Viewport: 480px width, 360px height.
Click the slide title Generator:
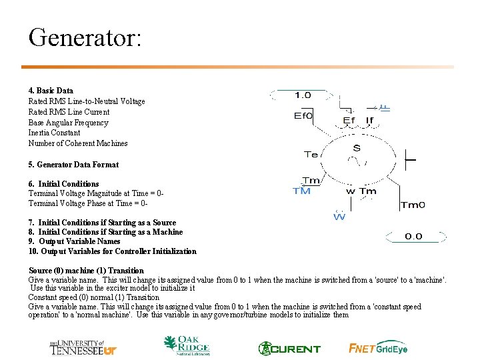tap(85, 37)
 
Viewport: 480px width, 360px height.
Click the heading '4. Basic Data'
tap(51, 91)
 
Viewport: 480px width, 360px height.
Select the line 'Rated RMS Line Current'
tap(69, 112)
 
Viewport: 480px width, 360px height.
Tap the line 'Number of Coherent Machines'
tap(78, 143)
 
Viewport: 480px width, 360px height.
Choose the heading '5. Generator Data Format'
tap(73, 165)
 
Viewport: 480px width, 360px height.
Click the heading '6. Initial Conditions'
tap(63, 184)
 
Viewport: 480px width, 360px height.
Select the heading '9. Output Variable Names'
tap(74, 241)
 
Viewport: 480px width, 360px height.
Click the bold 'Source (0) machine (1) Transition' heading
tap(86, 271)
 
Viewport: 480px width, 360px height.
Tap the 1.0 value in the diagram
tap(303, 95)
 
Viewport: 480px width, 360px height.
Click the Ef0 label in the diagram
tap(303, 115)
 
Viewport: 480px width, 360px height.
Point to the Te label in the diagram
tap(311, 155)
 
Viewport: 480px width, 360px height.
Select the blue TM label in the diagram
tap(302, 191)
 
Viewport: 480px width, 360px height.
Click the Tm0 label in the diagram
tap(412, 205)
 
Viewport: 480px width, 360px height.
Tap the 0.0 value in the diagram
tap(413, 237)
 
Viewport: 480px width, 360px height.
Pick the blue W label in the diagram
tap(339, 217)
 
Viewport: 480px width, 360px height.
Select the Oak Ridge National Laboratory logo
tap(187, 346)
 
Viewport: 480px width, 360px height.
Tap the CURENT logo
tap(289, 348)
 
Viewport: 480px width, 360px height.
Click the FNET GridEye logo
tap(378, 348)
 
